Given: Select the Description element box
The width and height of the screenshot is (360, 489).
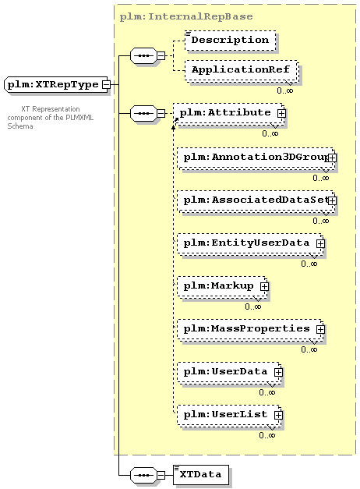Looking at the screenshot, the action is pos(231,41).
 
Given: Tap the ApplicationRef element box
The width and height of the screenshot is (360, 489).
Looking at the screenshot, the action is pos(241,70).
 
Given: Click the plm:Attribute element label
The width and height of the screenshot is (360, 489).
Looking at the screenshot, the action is pos(225,112).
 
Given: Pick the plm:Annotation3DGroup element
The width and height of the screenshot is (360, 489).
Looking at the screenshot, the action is pos(256,158).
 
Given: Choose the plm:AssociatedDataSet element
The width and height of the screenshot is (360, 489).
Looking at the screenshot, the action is pos(256,201).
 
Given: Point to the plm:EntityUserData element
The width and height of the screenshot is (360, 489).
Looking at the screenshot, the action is pos(251,244).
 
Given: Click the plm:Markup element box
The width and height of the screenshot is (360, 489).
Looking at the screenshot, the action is pos(223,286).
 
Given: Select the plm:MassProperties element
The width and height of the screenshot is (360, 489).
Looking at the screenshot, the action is pos(251,330).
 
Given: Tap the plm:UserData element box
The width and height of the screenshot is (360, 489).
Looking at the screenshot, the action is pos(230,372).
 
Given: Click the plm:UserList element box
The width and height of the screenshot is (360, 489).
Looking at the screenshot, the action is pos(230,416).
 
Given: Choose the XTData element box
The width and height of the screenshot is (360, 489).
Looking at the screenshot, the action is pos(201,475).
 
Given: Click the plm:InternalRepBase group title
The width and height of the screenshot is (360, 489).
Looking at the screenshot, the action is pos(186,16).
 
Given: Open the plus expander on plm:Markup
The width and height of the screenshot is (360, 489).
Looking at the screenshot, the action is pos(264,286).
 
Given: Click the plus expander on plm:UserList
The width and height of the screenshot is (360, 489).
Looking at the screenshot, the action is pos(278,416).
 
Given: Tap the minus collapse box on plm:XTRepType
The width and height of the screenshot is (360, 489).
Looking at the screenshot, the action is pos(106,84).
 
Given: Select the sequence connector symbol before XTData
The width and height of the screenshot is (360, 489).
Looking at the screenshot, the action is pos(143,475).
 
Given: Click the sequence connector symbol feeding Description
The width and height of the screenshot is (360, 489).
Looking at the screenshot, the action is pos(143,56).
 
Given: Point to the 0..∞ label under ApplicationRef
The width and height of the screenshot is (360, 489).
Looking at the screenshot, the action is pos(285,90).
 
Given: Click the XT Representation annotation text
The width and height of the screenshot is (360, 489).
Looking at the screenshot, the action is pos(51,118).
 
